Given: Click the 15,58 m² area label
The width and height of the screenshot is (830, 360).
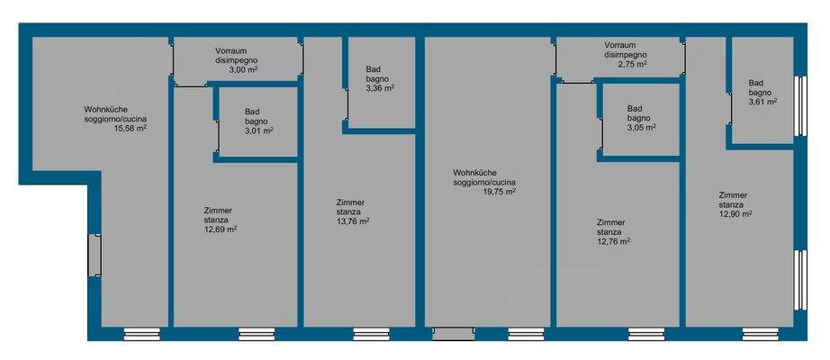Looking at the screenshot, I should [x=130, y=128].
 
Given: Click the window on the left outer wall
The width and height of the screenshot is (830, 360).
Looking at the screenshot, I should [x=94, y=256].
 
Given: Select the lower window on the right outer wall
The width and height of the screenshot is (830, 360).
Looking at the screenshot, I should [x=798, y=280].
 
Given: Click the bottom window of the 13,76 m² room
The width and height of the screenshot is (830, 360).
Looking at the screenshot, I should [x=372, y=334].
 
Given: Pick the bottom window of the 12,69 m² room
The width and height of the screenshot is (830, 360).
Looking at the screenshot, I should [x=257, y=334].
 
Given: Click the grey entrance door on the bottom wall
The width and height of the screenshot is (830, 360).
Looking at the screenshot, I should [x=453, y=334].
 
